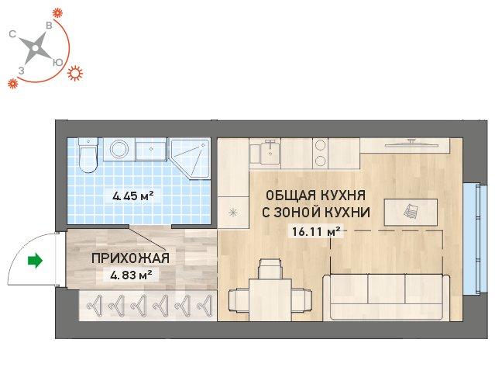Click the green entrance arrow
click(x=35, y=261)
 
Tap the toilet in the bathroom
click(x=88, y=155)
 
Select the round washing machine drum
click(x=119, y=149)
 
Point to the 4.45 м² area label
click(x=133, y=196)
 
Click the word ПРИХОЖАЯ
click(x=130, y=258)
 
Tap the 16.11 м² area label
click(x=316, y=232)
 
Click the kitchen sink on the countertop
click(x=270, y=154)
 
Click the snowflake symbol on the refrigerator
click(x=233, y=213)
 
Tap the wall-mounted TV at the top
click(x=411, y=144)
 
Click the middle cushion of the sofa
click(x=386, y=289)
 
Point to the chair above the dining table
click(x=270, y=268)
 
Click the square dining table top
click(x=270, y=300)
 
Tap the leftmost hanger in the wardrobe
click(x=96, y=305)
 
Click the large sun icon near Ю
click(x=75, y=74)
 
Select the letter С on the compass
click(x=12, y=34)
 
